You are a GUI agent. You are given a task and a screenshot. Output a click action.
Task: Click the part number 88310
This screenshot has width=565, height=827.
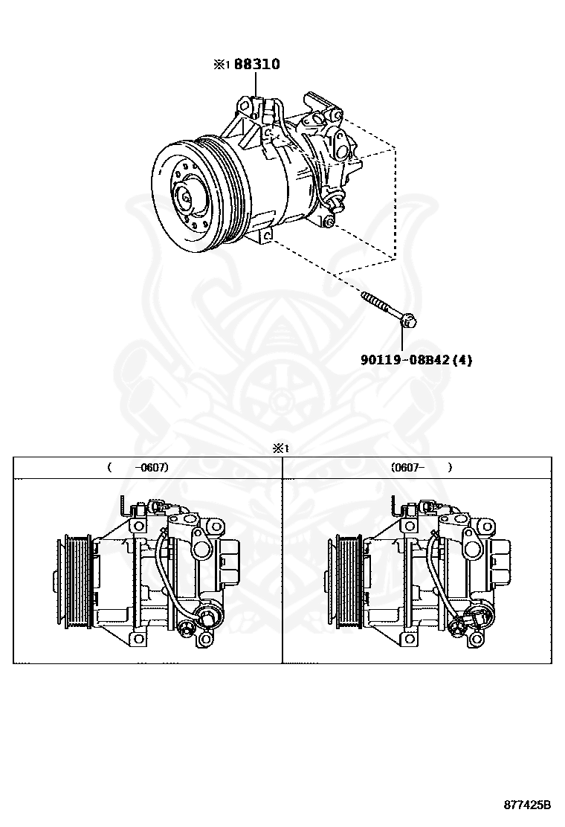(257, 65)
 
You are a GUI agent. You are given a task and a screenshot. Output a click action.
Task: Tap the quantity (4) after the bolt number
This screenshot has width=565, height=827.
(462, 360)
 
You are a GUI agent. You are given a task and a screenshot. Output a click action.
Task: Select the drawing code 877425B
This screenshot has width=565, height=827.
(527, 805)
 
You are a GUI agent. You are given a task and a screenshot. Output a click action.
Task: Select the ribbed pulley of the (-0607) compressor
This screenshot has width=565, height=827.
(75, 573)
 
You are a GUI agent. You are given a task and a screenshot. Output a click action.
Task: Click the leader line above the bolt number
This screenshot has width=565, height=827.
(402, 339)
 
